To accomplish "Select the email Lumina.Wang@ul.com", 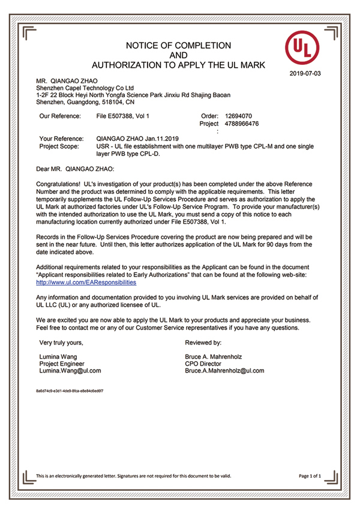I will click(x=70, y=371).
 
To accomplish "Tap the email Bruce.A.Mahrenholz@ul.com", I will click(x=225, y=371).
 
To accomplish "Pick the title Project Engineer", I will click(x=62, y=364).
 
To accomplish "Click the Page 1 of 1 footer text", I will click(x=310, y=476).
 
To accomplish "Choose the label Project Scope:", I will click(x=58, y=146).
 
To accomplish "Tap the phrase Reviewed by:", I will click(x=205, y=342).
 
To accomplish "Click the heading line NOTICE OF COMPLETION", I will click(x=178, y=46).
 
